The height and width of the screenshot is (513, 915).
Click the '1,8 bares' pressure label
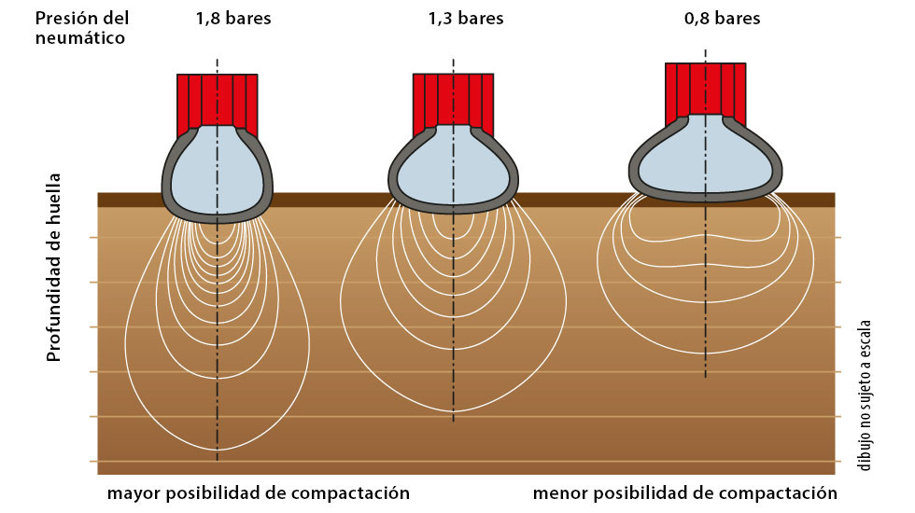click(233, 18)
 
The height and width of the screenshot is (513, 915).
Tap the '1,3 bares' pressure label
click(466, 18)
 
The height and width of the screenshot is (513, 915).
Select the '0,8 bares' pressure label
click(723, 18)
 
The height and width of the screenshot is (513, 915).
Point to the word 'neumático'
click(80, 38)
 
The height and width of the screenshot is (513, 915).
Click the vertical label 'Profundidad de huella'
click(54, 268)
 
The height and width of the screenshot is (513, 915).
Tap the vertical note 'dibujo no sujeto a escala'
click(865, 395)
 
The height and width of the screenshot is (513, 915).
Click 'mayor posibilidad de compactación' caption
click(259, 493)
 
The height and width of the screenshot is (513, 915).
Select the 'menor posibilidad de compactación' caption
click(685, 493)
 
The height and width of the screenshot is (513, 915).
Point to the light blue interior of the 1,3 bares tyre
click(454, 169)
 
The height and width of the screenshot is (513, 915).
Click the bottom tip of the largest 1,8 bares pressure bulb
click(217, 450)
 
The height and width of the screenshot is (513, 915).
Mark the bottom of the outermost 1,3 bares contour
click(454, 412)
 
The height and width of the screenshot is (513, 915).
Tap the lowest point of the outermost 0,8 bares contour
click(706, 354)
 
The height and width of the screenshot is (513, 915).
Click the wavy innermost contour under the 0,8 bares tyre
click(706, 237)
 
